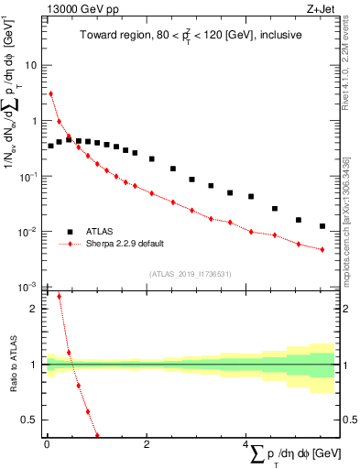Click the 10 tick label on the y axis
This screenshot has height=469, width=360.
point(31,66)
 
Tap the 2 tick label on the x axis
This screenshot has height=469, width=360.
point(147,445)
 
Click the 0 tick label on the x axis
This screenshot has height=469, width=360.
point(47,445)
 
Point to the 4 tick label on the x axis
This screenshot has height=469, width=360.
point(245,445)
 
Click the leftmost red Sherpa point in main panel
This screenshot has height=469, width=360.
point(51,93)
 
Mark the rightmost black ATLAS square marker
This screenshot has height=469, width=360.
point(322,226)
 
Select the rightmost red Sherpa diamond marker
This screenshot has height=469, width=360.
point(322,249)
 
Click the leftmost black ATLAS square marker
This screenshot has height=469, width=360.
point(51,146)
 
